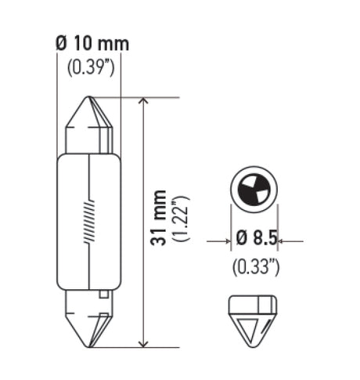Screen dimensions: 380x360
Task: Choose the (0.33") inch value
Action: (x=255, y=267)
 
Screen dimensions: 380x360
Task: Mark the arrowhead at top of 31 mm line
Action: (x=142, y=103)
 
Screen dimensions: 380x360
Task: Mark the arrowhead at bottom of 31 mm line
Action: (x=142, y=342)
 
